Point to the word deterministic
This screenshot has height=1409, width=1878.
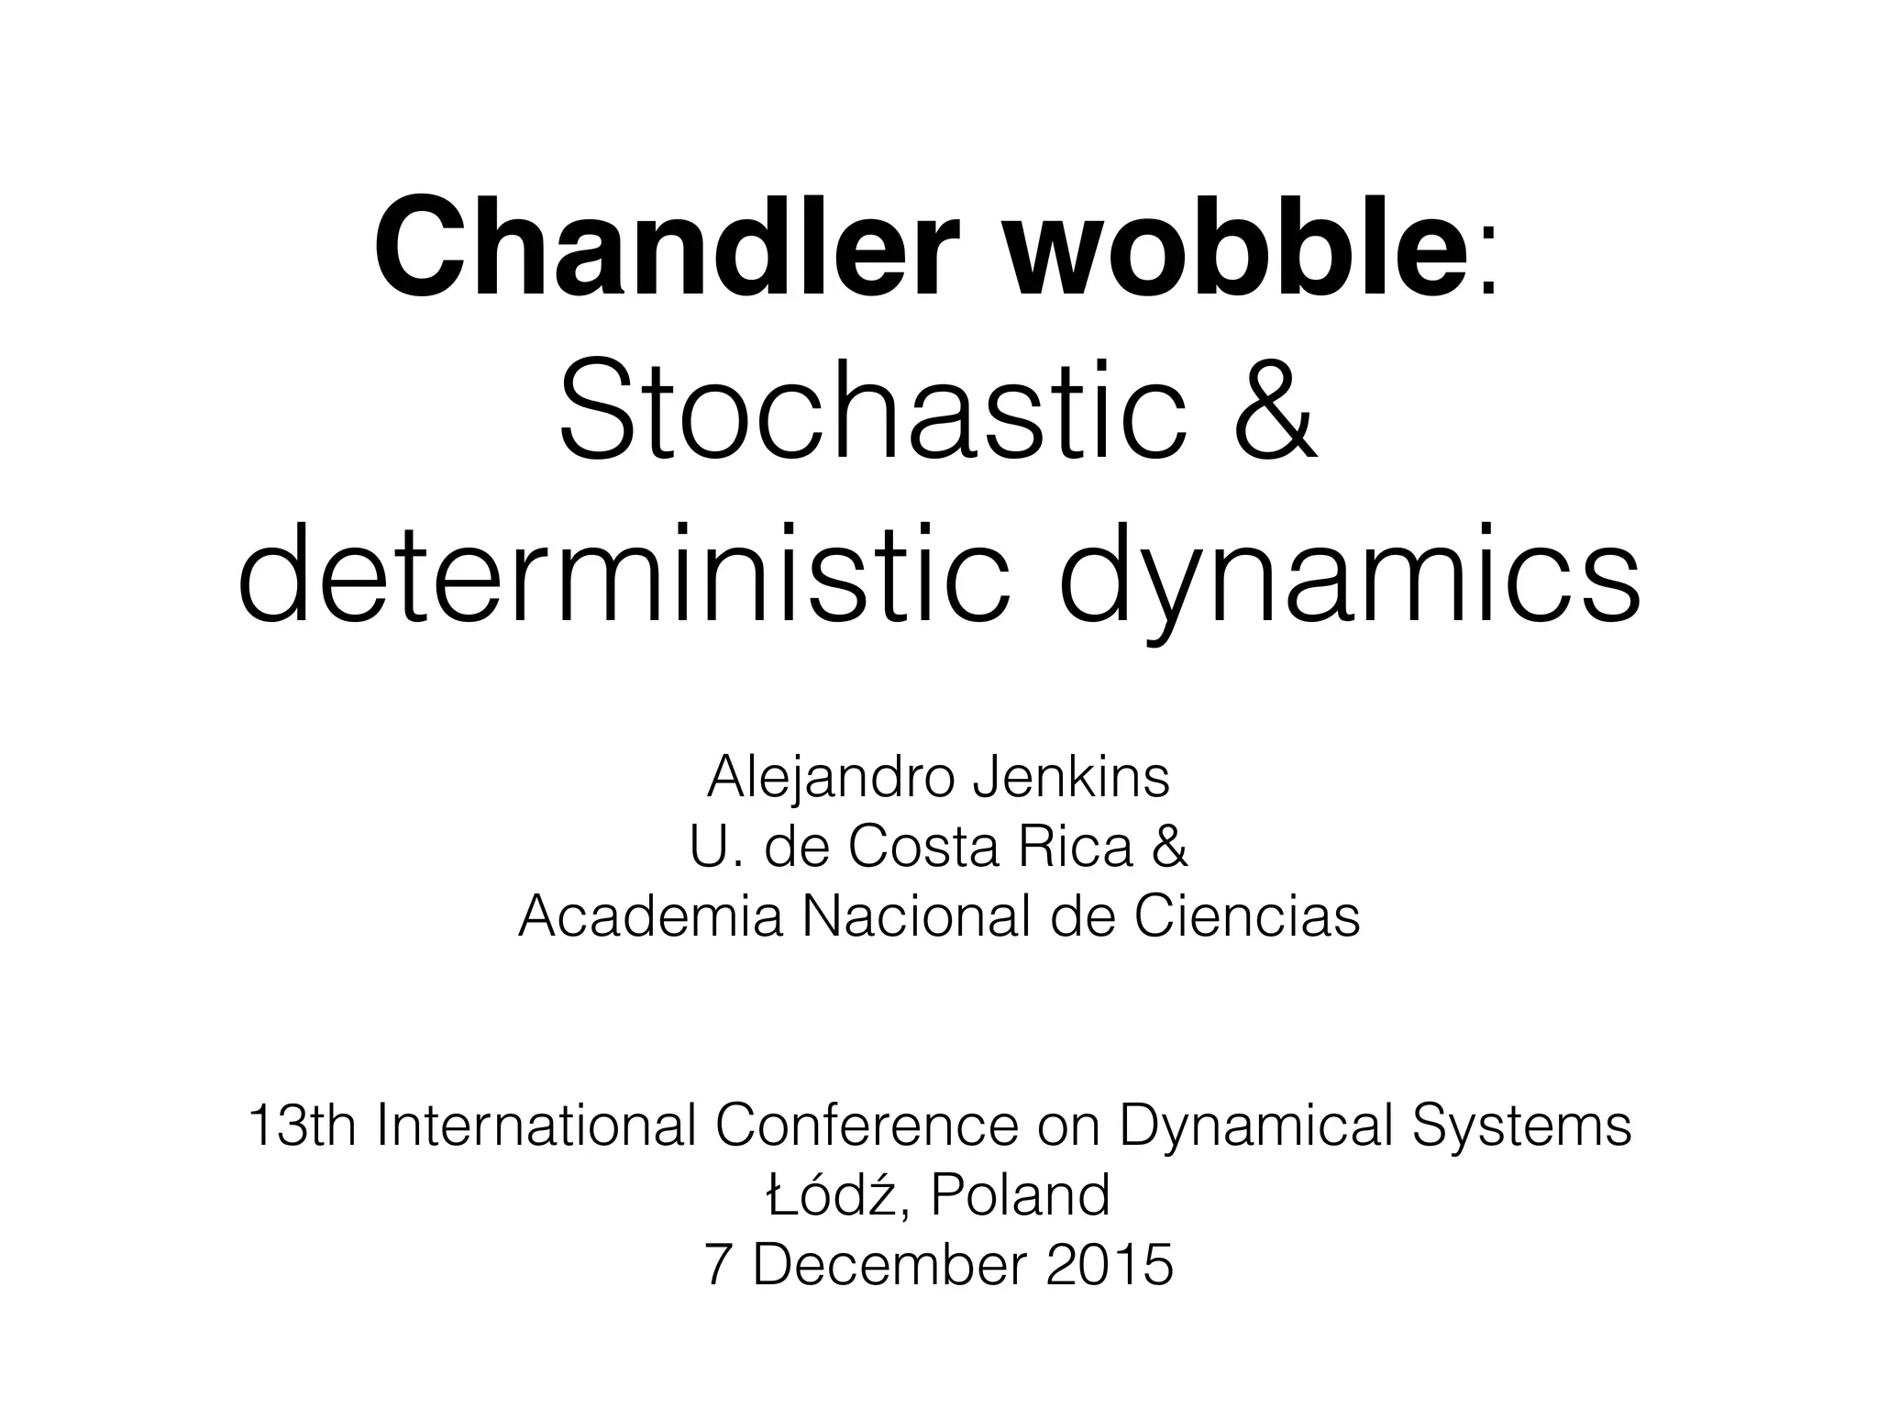(623, 577)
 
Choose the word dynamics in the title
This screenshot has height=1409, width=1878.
(1349, 577)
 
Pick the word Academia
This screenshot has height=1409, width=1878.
(650, 916)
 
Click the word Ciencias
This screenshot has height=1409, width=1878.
(1247, 916)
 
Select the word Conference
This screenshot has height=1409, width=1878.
(867, 1126)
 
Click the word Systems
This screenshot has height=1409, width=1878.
(1521, 1126)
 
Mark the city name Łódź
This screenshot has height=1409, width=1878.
(829, 1194)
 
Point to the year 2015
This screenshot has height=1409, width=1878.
(1109, 1265)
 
